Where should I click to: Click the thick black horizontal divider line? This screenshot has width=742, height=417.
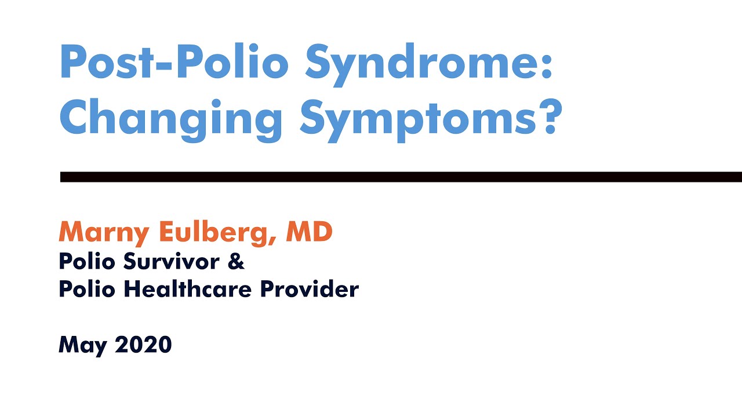400,177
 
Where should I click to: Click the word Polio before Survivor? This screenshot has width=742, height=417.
86,262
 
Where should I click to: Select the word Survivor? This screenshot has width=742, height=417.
170,262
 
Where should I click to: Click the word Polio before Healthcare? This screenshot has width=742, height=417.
86,288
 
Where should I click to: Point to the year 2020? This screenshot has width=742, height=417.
143,345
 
